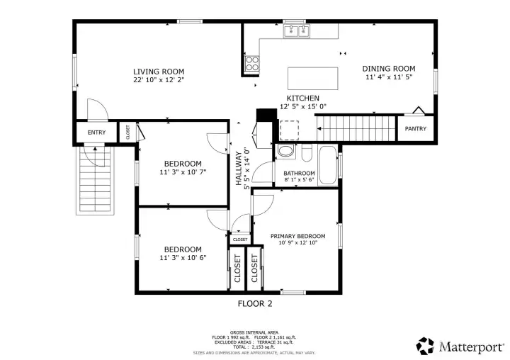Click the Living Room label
[x=159, y=72]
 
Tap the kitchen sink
[x=296, y=31]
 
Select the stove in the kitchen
[x=252, y=63]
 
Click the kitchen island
[x=312, y=79]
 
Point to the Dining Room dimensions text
[x=389, y=77]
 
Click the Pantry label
[x=415, y=128]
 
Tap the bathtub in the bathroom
[x=327, y=165]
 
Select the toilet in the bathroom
[x=307, y=153]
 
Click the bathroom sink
[x=286, y=152]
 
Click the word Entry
[x=96, y=133]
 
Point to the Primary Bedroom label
[x=298, y=236]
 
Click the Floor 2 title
[x=255, y=304]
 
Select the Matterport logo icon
[x=425, y=346]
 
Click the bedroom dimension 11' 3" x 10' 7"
[x=183, y=172]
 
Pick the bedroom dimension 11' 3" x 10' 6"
[x=183, y=258]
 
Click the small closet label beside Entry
[x=127, y=132]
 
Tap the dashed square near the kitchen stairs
[x=290, y=130]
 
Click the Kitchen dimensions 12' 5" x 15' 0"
[x=303, y=106]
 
